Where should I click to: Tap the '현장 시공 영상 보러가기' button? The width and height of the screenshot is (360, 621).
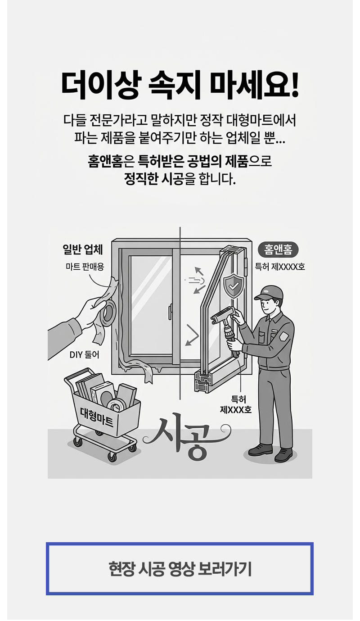point(180,568)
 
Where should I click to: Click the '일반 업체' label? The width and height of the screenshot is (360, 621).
point(83,249)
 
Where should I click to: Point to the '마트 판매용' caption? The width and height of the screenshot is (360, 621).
point(85,267)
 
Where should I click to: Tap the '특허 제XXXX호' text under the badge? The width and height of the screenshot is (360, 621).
point(280,267)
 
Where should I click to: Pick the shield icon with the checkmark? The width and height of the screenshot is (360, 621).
point(234,286)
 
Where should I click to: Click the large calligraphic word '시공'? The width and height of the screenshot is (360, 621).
point(186,435)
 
